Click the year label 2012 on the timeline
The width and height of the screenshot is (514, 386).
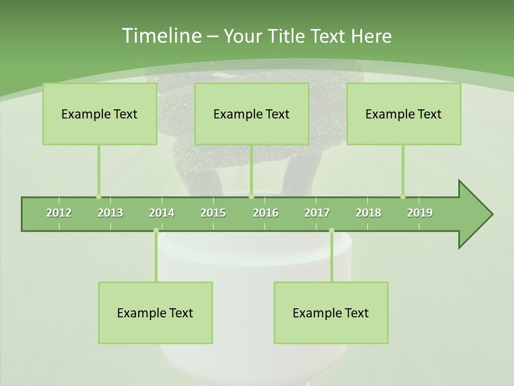59,213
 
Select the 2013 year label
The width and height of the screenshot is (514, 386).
110,213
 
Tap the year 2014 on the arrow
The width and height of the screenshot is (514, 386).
162,213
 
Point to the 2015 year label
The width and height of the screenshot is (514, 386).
213,213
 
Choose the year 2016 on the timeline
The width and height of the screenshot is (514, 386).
266,213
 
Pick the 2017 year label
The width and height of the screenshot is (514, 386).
317,213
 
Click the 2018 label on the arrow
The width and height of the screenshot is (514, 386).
368,213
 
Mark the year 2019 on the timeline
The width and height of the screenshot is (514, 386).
420,213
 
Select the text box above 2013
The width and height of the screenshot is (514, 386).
100,114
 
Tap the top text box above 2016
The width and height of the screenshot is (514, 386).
252,114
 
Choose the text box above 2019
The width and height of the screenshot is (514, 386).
404,114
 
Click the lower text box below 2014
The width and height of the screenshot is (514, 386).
155,313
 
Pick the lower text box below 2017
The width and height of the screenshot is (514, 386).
331,313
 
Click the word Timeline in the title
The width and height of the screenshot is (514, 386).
161,36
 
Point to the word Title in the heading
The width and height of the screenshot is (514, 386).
289,36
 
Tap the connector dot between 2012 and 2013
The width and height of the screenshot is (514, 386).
99,196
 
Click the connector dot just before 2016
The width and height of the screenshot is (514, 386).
251,196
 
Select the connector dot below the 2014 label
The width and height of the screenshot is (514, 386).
156,231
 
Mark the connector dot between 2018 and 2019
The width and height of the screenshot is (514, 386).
403,196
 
